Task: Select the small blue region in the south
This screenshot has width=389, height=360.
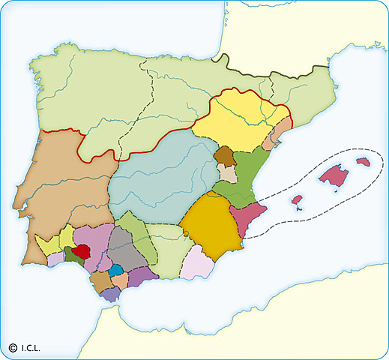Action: [115, 270]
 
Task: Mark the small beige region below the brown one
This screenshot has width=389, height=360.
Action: [227, 172]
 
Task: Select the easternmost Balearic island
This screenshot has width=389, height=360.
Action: [364, 162]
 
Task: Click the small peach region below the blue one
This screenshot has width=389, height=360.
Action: [119, 280]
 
